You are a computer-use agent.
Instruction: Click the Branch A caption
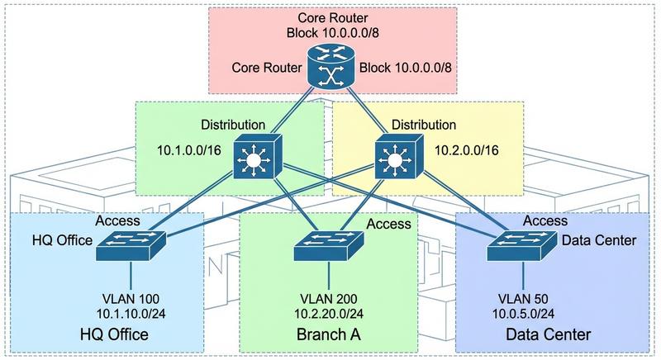325,335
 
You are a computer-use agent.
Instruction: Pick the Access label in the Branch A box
388,223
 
